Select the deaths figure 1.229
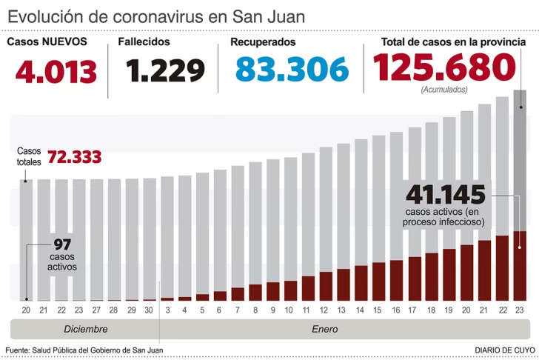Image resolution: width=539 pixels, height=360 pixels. click(165, 71)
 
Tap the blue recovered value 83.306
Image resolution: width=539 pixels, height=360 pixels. click(292, 70)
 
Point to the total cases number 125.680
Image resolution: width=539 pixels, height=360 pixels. click(444, 68)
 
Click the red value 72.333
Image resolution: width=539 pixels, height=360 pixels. click(74, 157)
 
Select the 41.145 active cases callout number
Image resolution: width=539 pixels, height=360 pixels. click(445, 196)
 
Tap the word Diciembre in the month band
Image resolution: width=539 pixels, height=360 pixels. click(85, 329)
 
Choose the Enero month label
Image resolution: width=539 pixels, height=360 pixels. click(324, 329)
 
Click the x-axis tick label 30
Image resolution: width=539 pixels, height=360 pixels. click(150, 310)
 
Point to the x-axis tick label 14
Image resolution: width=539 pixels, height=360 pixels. click(360, 310)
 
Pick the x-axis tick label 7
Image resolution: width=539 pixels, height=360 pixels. click(238, 310)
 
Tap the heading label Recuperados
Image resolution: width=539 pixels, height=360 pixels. click(263, 42)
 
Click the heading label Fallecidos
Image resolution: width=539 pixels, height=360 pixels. click(144, 42)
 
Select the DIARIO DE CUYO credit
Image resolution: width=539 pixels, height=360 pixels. click(505, 349)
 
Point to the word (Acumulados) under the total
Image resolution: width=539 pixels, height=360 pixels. click(443, 90)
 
